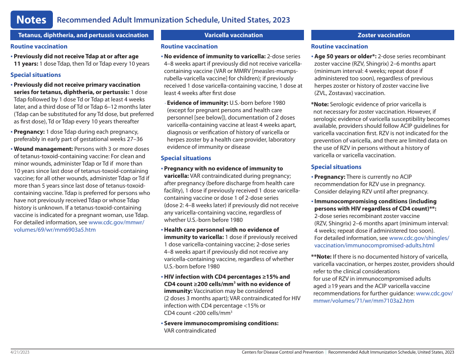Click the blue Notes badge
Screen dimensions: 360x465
tap(31, 20)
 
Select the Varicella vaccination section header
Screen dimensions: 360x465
tap(233, 35)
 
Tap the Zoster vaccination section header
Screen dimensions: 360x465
tap(384, 35)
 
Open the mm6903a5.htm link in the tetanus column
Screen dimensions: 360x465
tap(55, 230)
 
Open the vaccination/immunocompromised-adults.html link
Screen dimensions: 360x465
tap(374, 245)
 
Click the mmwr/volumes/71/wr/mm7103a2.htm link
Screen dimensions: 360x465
tap(363, 301)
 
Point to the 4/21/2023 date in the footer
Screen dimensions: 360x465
tap(20, 352)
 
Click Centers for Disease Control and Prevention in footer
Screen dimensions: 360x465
tap(282, 352)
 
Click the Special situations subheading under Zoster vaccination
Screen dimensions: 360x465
tap(336, 167)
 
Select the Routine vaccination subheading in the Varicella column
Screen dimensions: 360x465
tap(189, 47)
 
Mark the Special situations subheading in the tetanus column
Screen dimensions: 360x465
tap(36, 75)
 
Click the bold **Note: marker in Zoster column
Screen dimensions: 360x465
tap(321, 257)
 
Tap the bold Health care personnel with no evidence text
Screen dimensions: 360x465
tap(221, 230)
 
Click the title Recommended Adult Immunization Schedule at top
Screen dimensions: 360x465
tap(173, 20)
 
